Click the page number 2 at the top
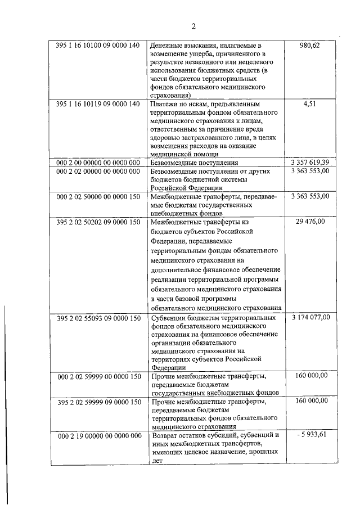192,26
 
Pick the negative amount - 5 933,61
310,435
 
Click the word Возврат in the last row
166,436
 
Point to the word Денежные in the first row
168,46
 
